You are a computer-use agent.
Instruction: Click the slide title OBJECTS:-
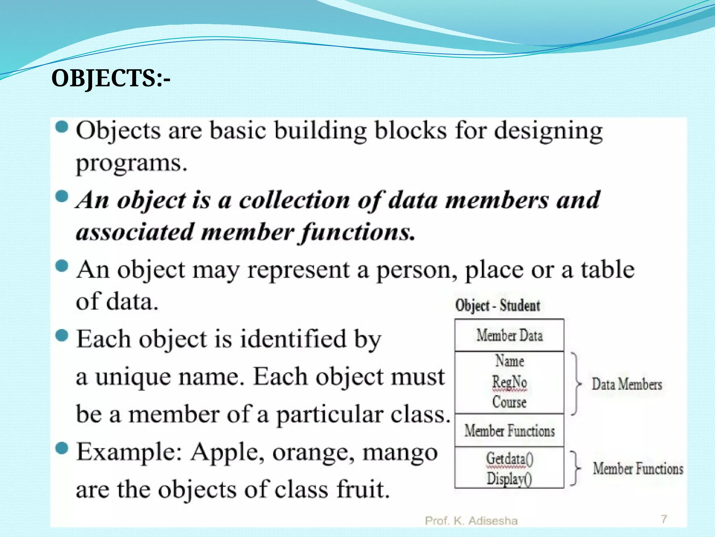click(111, 78)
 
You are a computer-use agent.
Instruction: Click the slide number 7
click(664, 519)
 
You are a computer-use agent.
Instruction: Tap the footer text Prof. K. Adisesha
click(471, 521)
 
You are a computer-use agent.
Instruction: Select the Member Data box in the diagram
click(509, 335)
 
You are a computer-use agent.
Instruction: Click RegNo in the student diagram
click(509, 382)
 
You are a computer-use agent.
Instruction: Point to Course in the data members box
click(509, 402)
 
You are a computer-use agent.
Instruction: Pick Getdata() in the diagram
click(510, 459)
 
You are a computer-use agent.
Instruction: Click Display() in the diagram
click(509, 478)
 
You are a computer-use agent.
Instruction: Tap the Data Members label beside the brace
click(627, 384)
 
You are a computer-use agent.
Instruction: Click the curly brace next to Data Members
click(576, 384)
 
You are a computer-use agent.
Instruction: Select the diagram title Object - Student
click(497, 306)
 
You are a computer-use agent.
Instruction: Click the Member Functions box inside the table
click(509, 431)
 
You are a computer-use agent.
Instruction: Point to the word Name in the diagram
click(510, 361)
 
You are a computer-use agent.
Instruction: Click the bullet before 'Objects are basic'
click(62, 127)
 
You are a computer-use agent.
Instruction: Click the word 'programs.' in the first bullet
click(132, 164)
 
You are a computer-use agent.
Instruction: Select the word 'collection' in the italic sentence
click(294, 200)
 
